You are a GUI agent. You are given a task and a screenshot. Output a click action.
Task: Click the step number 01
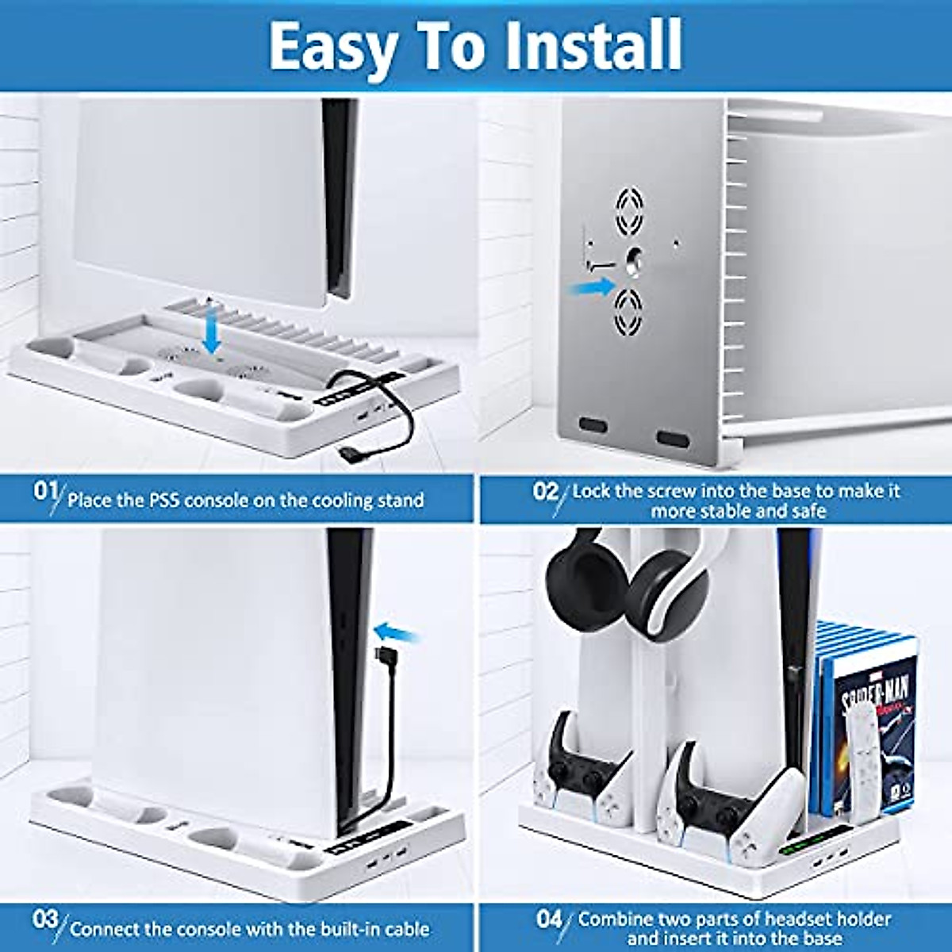(x=45, y=492)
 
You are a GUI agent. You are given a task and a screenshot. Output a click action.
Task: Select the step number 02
(x=545, y=492)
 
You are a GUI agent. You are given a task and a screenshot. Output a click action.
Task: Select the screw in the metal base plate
(x=635, y=263)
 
